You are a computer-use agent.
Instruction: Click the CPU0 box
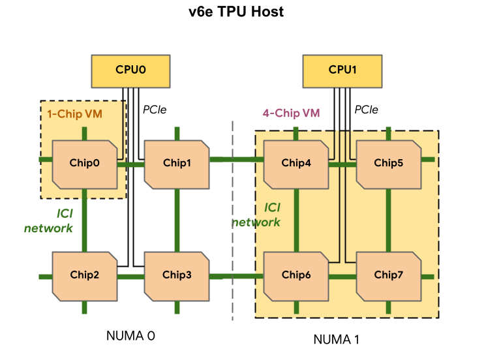(x=130, y=70)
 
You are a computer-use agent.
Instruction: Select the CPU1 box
(x=342, y=70)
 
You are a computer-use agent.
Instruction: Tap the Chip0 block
(x=84, y=164)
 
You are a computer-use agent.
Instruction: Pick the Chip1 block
(x=177, y=164)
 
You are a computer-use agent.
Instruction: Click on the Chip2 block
(x=84, y=275)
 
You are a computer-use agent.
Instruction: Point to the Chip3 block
(x=177, y=275)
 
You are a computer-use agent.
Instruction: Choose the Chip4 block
(x=296, y=164)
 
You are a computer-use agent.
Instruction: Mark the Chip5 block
(x=388, y=164)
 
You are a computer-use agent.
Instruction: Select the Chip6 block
(x=296, y=275)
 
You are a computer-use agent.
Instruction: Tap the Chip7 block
(x=388, y=275)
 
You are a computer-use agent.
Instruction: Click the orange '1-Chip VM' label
(x=74, y=113)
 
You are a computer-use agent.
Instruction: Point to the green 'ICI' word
(x=272, y=207)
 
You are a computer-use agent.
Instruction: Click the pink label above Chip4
(x=298, y=113)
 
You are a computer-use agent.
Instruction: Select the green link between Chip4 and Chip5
(x=342, y=164)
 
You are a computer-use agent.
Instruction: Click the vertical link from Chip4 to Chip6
(x=296, y=219)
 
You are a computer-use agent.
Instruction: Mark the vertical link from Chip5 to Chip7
(x=389, y=219)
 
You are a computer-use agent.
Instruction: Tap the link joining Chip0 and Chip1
(x=130, y=164)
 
